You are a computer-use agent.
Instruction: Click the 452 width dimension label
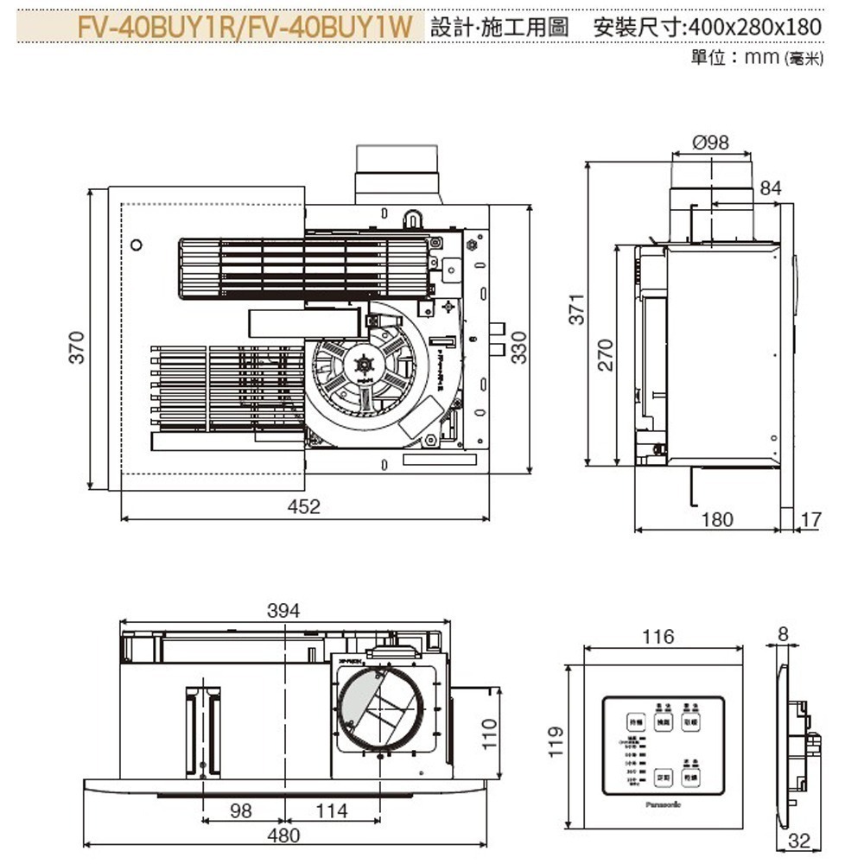(304, 507)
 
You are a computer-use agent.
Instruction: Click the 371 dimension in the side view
(578, 308)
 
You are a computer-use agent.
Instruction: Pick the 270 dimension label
(606, 354)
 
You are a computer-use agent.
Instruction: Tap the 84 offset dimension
(771, 188)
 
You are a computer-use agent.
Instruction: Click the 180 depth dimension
(717, 519)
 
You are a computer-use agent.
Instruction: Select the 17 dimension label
(810, 519)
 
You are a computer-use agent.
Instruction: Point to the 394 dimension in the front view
(283, 611)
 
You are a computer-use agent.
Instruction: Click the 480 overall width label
(283, 835)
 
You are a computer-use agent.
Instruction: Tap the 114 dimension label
(331, 810)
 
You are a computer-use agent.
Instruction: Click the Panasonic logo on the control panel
(663, 803)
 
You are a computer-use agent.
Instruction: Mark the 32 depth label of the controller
(800, 841)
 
